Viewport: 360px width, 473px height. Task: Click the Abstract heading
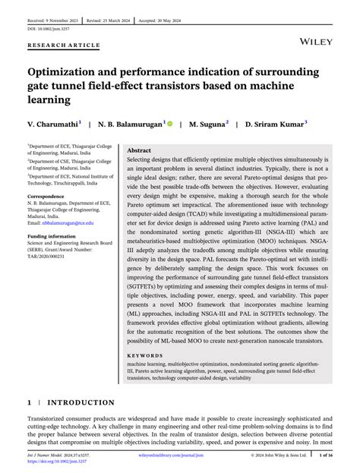[x=138, y=151]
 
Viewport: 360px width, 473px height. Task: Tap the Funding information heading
[x=55, y=236]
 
